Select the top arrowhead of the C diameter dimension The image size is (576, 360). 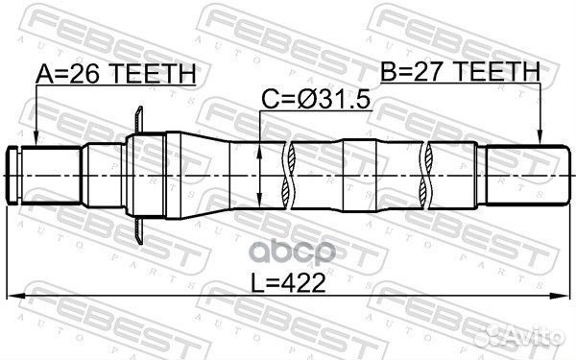262,148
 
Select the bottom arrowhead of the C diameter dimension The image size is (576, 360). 262,203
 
